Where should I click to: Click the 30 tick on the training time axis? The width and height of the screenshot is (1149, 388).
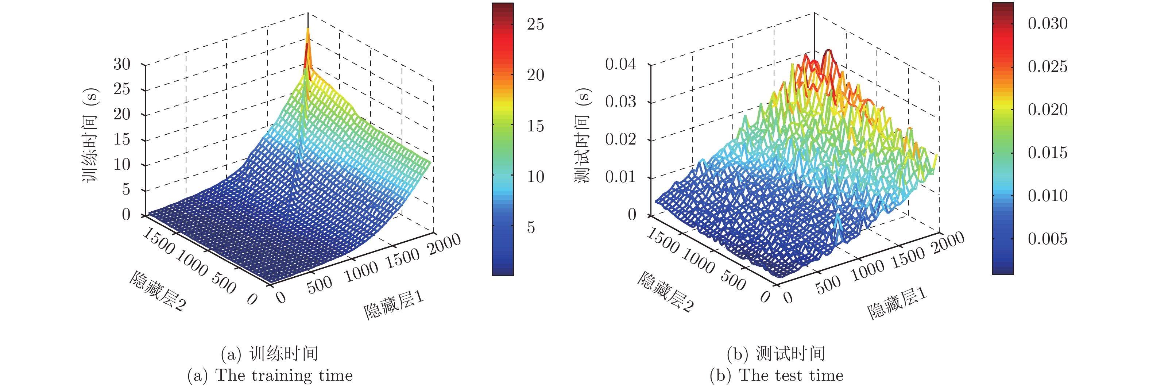click(x=122, y=64)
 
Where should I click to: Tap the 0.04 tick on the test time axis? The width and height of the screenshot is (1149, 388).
click(x=620, y=64)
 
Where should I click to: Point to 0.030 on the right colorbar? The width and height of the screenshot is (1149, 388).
click(x=1047, y=23)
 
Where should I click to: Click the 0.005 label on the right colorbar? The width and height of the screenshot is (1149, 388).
click(x=1047, y=239)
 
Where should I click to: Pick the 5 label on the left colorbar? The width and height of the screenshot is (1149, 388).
click(x=531, y=228)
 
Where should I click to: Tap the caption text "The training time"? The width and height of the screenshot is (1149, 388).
click(x=284, y=375)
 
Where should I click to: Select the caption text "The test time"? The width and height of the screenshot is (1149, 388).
click(x=791, y=375)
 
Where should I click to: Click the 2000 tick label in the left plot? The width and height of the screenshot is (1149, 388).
click(x=444, y=244)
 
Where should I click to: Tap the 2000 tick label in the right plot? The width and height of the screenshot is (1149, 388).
click(x=949, y=244)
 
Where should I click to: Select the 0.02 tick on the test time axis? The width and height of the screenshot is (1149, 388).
click(x=620, y=139)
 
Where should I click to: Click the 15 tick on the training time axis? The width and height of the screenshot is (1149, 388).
click(x=122, y=139)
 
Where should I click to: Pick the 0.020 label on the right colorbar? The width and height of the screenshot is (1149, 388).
click(x=1047, y=110)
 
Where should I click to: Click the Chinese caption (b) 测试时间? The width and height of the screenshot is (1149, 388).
click(x=776, y=354)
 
